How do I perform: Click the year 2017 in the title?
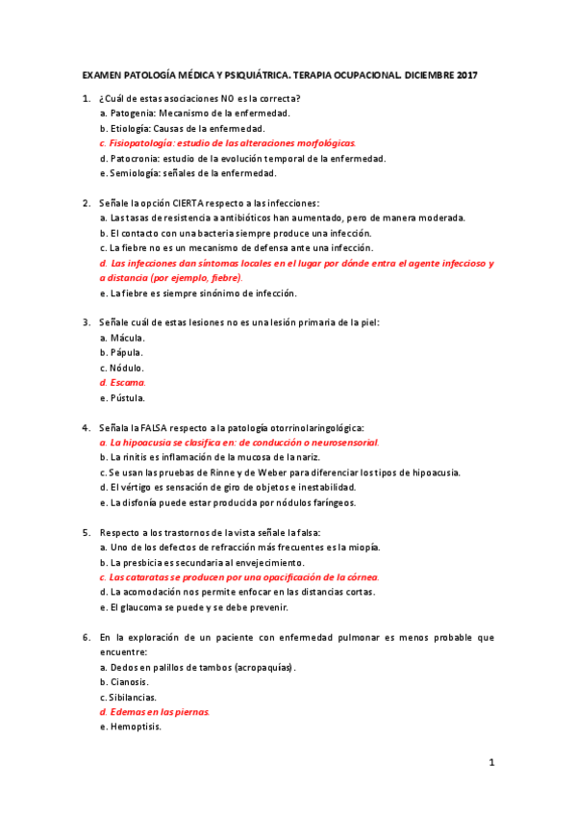tap(466, 74)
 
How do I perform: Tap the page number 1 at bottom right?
tap(491, 763)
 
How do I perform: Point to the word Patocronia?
tap(134, 158)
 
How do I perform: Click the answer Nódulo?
tap(127, 368)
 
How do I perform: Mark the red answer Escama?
tap(128, 382)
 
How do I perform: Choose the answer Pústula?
tap(128, 397)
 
